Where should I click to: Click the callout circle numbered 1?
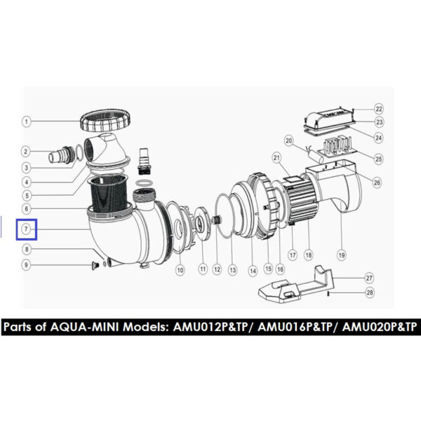coord(27,121)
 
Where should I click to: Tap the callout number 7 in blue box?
coord(26,229)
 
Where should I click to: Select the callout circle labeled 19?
coord(341,255)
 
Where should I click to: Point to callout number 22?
coord(379,109)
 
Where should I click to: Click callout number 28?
coord(370,293)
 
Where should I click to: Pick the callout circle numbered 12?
coord(217,269)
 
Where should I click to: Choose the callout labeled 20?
coord(288,141)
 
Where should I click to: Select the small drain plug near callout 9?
coord(95,265)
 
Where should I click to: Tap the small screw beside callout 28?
coord(329,294)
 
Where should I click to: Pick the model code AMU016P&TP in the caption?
coord(295,327)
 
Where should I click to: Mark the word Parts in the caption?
coord(18,327)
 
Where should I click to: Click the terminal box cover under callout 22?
coord(328,116)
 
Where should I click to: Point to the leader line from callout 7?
coord(60,229)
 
